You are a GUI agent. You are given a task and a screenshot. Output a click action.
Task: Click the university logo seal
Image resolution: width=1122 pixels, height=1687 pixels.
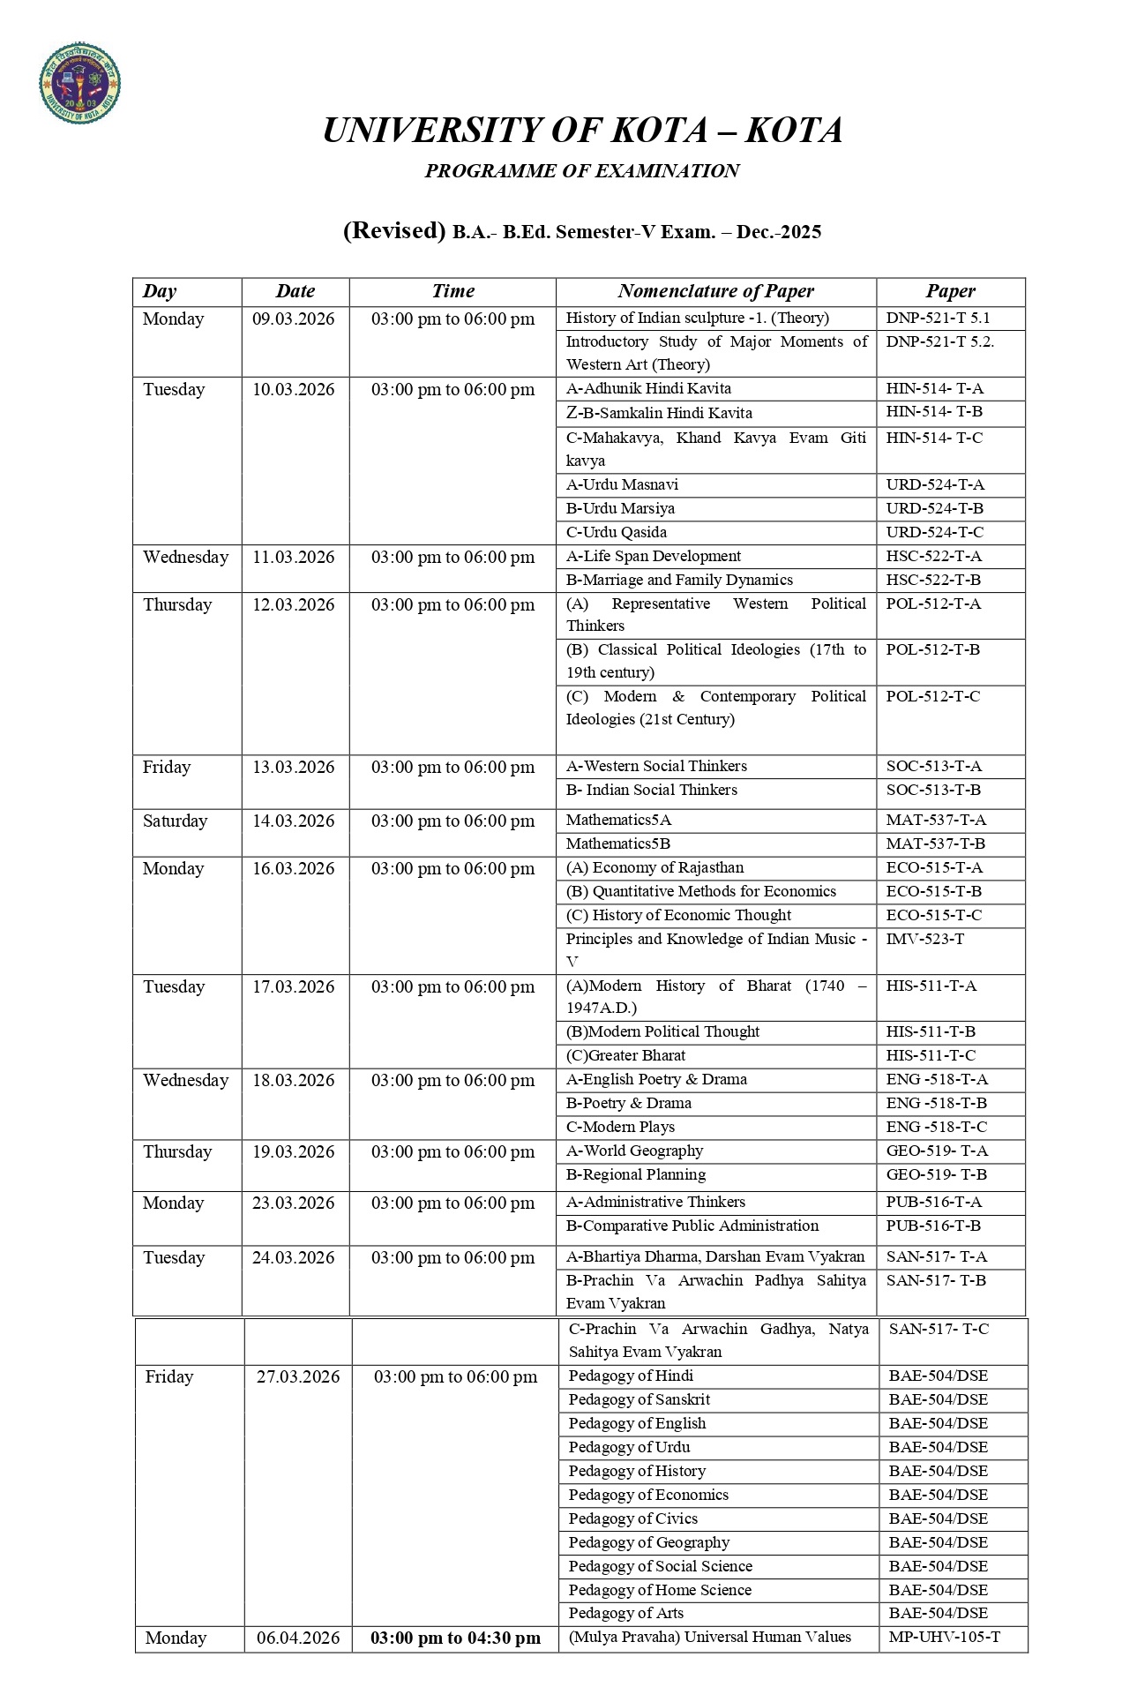(80, 85)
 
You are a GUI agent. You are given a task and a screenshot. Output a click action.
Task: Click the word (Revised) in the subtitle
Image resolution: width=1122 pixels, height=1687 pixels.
(393, 230)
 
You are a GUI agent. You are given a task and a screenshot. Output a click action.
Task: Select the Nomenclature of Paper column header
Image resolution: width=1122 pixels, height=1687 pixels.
(715, 291)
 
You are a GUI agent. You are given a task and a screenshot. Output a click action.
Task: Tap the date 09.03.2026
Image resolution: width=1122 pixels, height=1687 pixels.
(294, 319)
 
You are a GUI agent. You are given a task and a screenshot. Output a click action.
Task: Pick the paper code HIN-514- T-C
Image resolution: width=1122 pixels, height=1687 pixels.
(934, 438)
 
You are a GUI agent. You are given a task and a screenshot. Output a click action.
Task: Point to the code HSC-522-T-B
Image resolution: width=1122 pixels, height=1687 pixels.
(933, 580)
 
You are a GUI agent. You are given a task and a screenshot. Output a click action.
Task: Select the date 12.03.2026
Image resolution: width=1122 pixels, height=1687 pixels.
(294, 605)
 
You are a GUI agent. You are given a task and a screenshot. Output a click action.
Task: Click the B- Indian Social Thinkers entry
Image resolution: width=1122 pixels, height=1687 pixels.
(651, 790)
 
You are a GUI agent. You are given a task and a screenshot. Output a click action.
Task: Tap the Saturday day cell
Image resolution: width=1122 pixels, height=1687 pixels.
(175, 821)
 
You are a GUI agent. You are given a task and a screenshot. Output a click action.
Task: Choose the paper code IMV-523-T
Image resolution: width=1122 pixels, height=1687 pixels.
(924, 939)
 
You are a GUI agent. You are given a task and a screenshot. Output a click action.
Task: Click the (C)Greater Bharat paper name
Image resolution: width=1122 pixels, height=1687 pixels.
(625, 1055)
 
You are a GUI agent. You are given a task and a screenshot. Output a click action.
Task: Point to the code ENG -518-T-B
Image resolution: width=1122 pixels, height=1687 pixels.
(936, 1103)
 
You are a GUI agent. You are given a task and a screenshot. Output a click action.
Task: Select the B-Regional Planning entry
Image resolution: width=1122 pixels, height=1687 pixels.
(635, 1174)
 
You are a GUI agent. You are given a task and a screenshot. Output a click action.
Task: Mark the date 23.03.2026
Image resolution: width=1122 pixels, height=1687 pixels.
(294, 1203)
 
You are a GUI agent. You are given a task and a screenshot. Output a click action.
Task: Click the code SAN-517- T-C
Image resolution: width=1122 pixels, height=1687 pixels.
(939, 1329)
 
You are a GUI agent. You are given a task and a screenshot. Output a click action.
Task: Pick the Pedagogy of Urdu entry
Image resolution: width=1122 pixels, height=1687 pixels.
(629, 1447)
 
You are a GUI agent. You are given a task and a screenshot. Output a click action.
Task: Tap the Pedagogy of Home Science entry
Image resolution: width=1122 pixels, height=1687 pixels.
(660, 1590)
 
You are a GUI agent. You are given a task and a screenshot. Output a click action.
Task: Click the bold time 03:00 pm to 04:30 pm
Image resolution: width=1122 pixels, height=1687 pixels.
(455, 1638)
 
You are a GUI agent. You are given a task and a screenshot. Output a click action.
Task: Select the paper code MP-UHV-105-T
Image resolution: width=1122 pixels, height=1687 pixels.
(944, 1638)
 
